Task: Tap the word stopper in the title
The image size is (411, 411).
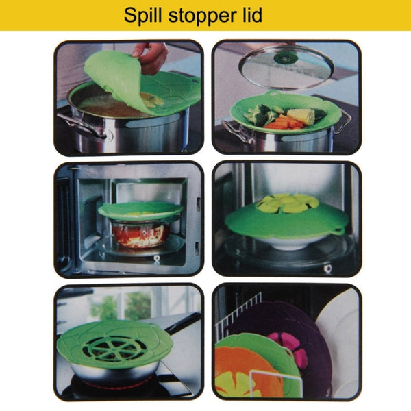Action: pyautogui.click(x=199, y=15)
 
